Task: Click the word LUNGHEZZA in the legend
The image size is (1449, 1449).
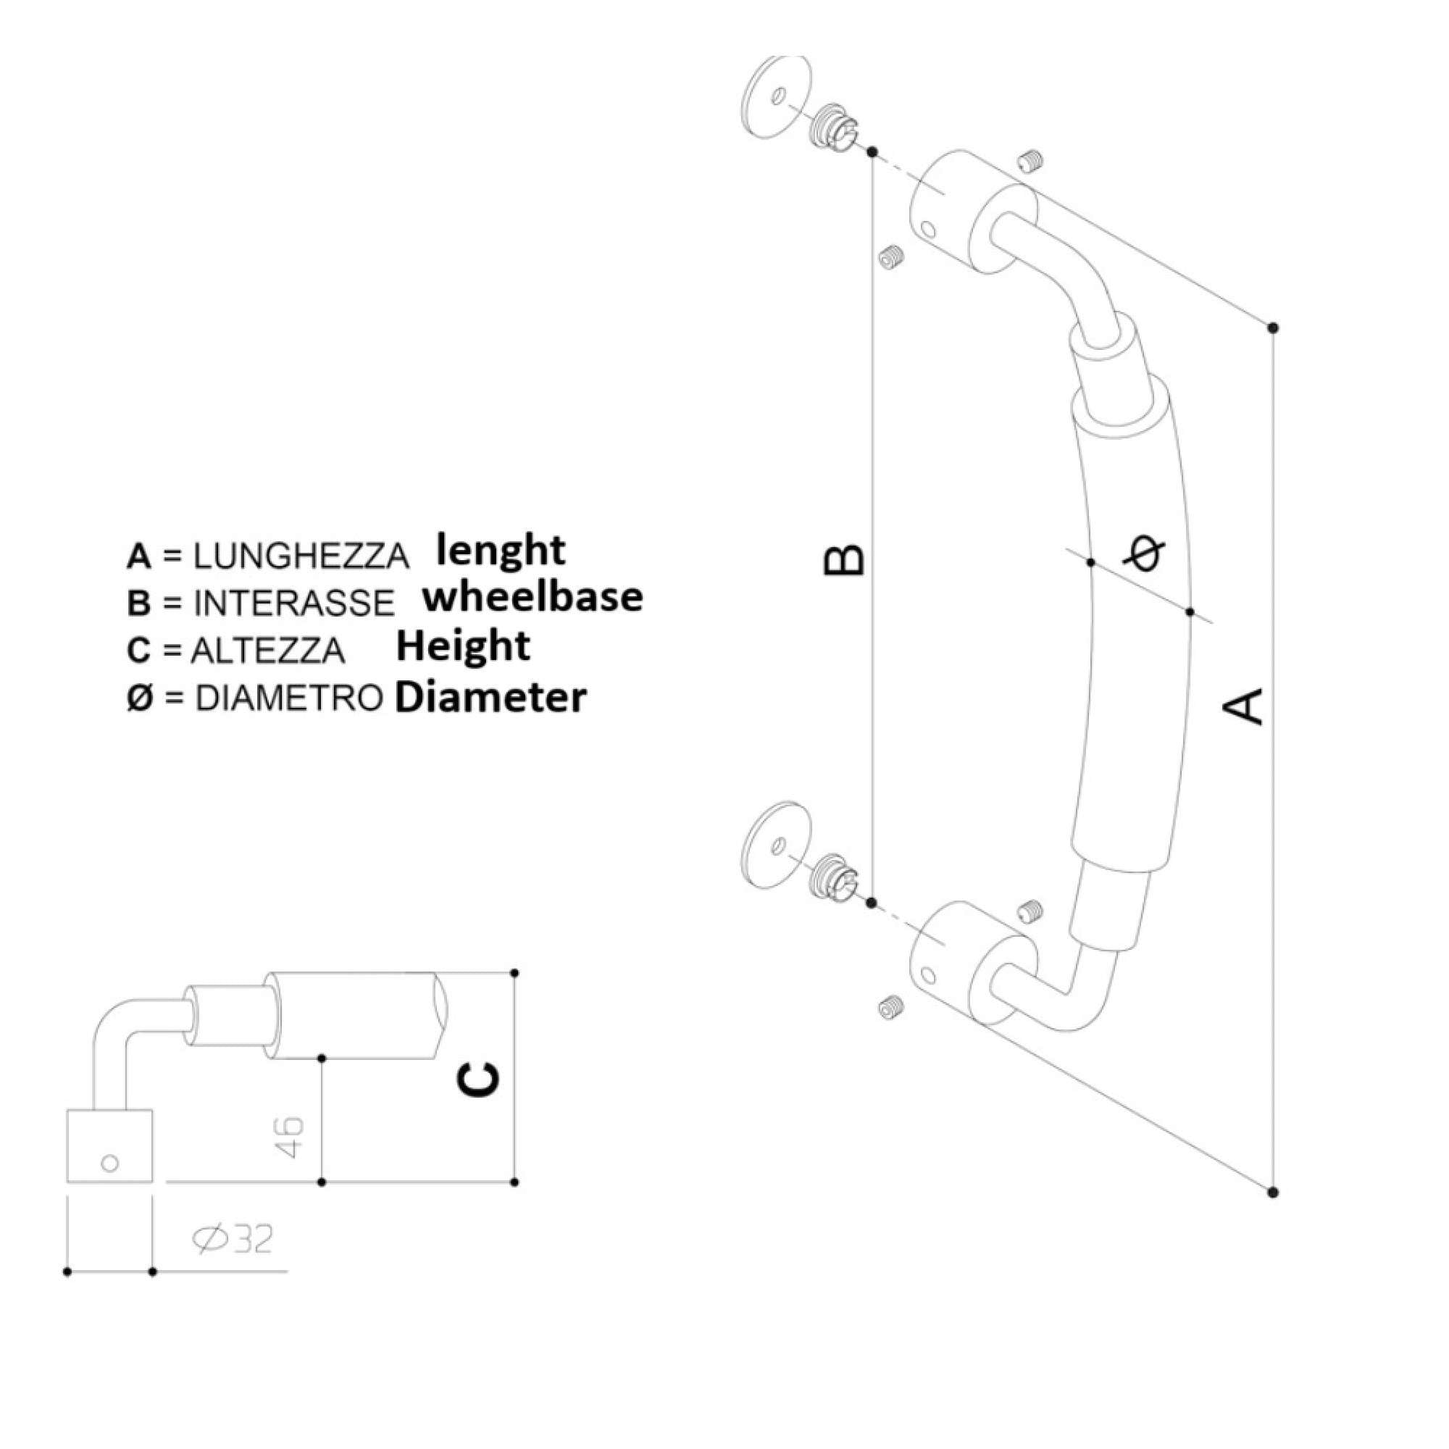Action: (301, 556)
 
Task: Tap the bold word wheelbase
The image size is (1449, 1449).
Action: (533, 598)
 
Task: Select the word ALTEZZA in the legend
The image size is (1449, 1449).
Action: (268, 651)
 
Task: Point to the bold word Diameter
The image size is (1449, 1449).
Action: (490, 698)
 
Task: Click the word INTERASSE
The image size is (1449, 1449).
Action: (294, 603)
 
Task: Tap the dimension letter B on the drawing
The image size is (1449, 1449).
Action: (845, 560)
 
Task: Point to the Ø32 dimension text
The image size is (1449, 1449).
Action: (233, 1240)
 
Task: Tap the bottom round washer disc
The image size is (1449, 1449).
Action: (775, 845)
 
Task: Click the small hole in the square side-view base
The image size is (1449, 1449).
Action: (109, 1164)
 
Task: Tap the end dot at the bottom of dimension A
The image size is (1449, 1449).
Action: (1273, 1213)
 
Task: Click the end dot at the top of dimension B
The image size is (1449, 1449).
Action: (872, 152)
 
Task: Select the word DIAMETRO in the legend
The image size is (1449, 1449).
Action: (289, 698)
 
